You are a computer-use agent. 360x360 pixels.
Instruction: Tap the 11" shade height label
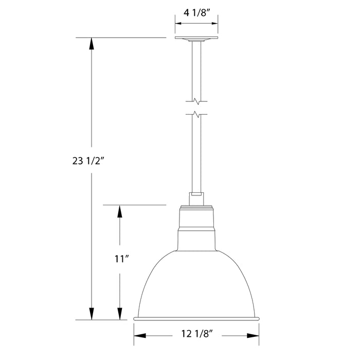pos(120,260)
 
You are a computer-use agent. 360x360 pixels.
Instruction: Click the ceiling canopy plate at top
pos(196,39)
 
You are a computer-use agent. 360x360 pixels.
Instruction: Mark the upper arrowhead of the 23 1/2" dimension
pos(92,43)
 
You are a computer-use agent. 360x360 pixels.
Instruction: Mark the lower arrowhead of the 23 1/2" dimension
pos(92,314)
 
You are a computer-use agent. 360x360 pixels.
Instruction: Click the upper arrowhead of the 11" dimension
pos(120,210)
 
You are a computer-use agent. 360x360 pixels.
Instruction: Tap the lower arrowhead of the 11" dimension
pos(120,314)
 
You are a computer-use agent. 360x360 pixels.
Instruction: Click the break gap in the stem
pos(196,107)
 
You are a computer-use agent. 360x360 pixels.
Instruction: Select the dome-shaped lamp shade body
pos(196,283)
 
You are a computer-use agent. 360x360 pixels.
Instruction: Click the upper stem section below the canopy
pos(196,69)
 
